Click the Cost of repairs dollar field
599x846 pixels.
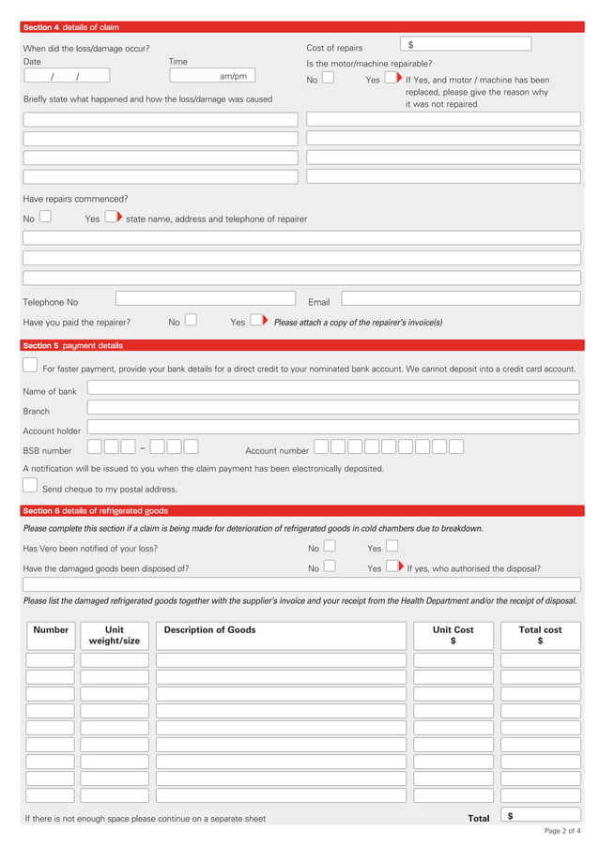click(x=466, y=44)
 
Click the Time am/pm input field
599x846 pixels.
click(x=212, y=76)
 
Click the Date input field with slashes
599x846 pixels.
click(x=66, y=76)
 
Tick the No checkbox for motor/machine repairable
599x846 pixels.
click(x=328, y=78)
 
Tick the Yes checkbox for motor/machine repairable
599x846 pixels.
click(x=392, y=78)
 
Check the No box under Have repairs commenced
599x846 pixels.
click(x=45, y=217)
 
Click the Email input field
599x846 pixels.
click(x=460, y=298)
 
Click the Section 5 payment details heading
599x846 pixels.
click(x=72, y=345)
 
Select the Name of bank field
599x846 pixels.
click(x=332, y=387)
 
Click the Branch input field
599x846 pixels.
click(x=332, y=407)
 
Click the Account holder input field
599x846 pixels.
click(x=332, y=427)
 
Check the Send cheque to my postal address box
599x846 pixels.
click(x=30, y=486)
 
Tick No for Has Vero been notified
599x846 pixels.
click(x=329, y=546)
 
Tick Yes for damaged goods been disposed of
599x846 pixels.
click(x=392, y=566)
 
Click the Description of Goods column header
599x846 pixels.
click(x=209, y=630)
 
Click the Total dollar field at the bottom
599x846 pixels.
click(x=540, y=816)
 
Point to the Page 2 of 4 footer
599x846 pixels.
click(x=561, y=831)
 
